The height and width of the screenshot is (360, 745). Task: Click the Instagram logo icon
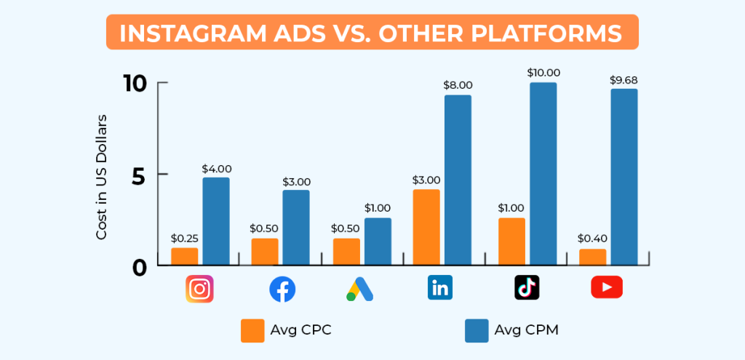[x=199, y=288]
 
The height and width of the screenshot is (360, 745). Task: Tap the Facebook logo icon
[x=282, y=289]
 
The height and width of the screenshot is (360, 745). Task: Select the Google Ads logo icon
[x=359, y=289]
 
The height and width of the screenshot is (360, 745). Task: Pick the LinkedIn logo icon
[x=439, y=288]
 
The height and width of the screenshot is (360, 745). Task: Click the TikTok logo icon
[x=527, y=288]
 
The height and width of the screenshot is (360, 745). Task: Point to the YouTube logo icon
[x=606, y=288]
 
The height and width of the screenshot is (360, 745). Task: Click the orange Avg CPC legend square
[x=252, y=330]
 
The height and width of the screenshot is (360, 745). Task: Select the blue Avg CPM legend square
[x=477, y=330]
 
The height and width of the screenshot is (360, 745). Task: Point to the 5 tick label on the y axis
[x=141, y=175]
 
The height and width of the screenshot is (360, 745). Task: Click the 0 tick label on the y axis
[x=141, y=267]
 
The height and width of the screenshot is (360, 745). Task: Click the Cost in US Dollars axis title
[x=102, y=177]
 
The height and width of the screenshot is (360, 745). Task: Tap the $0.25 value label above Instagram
[x=186, y=238]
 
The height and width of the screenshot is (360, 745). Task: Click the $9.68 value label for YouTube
[x=624, y=79]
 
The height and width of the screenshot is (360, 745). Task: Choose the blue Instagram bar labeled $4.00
[x=215, y=220]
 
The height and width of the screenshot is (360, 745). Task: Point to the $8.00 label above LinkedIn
[x=458, y=85]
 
